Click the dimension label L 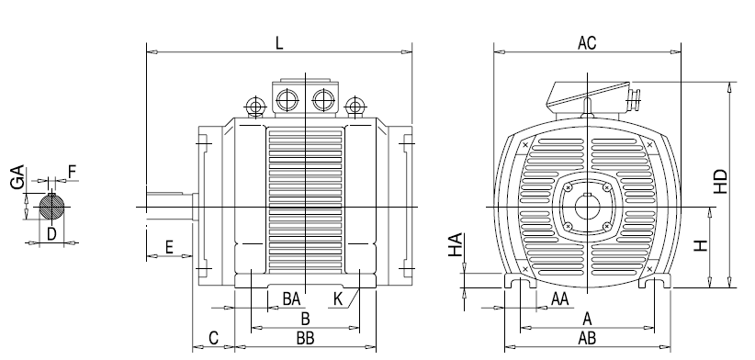[x=279, y=43]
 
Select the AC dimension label [x=587, y=43]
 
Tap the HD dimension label [x=721, y=181]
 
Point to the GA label [x=17, y=176]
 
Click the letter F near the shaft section [x=73, y=172]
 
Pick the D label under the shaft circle [x=51, y=234]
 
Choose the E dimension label [x=169, y=247]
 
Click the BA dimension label [x=291, y=298]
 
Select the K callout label [x=337, y=298]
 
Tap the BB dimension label [x=305, y=338]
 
